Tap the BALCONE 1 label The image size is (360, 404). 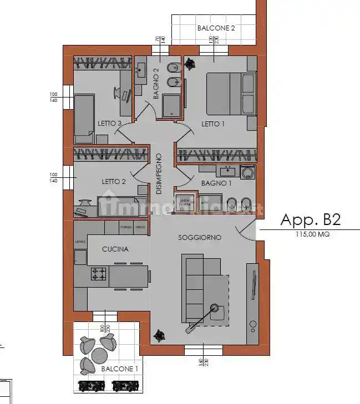coord(119,369)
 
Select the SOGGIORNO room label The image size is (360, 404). coord(200,238)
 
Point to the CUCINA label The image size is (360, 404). coord(115,249)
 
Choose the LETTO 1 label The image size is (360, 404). coord(213,124)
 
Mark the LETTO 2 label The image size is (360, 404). coord(114,181)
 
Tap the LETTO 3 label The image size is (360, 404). coord(109,124)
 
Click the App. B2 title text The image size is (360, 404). coord(310,220)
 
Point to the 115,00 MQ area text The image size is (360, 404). coord(312,235)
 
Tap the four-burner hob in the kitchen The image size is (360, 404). coord(99,273)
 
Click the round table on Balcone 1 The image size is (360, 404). coord(100,354)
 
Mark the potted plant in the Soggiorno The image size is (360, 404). coord(161,335)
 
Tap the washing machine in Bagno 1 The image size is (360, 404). coord(247,173)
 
